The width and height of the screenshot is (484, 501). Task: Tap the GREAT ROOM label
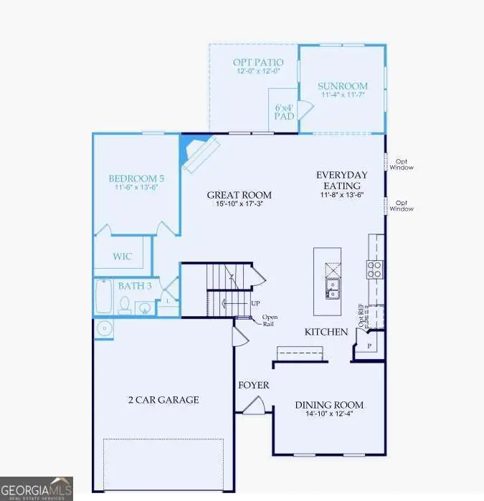coord(239,194)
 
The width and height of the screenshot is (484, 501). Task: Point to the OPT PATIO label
coord(254,62)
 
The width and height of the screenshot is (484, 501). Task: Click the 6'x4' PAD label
coord(285,111)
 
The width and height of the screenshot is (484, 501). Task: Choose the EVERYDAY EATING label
coord(342,180)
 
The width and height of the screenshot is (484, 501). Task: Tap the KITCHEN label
coord(326,332)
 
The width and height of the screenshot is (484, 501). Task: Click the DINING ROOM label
coord(329,404)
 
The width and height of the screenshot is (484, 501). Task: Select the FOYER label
coord(254,386)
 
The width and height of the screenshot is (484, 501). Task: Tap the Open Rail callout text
coord(270,321)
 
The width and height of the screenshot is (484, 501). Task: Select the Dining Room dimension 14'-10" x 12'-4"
coord(329,415)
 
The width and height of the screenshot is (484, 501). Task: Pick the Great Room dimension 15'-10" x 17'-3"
coord(239,204)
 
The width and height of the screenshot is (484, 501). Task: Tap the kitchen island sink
coord(333,290)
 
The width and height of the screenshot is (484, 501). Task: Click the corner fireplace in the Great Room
coord(195,151)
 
